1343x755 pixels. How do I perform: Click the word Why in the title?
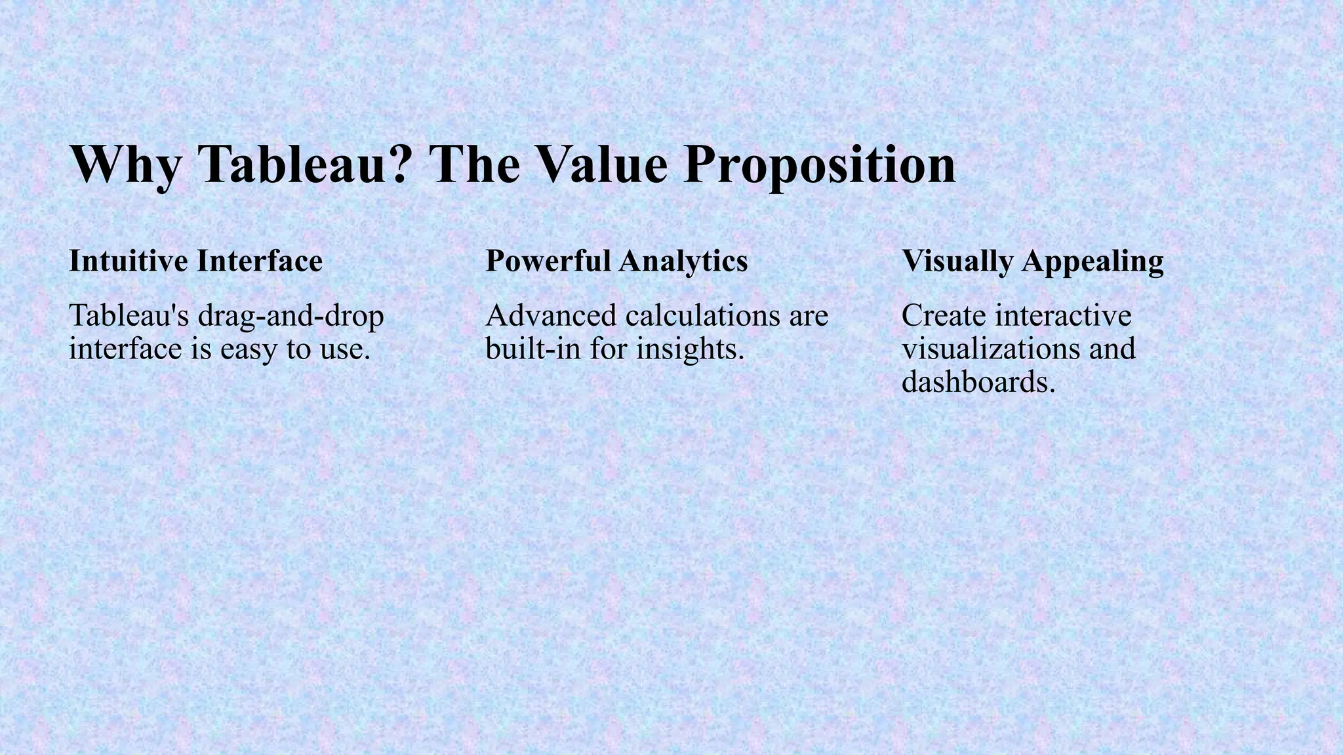click(x=123, y=164)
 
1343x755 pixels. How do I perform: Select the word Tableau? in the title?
click(x=306, y=164)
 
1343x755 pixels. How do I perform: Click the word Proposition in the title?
click(x=819, y=164)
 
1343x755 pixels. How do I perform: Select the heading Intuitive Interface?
click(x=195, y=261)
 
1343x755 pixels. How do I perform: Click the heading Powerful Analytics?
click(x=616, y=261)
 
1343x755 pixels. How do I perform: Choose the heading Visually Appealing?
click(x=1032, y=261)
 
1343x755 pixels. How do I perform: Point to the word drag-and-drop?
click(x=291, y=317)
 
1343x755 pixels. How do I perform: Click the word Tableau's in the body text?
click(x=129, y=316)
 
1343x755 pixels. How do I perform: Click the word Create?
click(x=944, y=316)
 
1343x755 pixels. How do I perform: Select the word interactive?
click(x=1063, y=316)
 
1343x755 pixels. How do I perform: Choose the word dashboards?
click(x=978, y=382)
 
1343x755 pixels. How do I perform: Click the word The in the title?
click(x=473, y=164)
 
